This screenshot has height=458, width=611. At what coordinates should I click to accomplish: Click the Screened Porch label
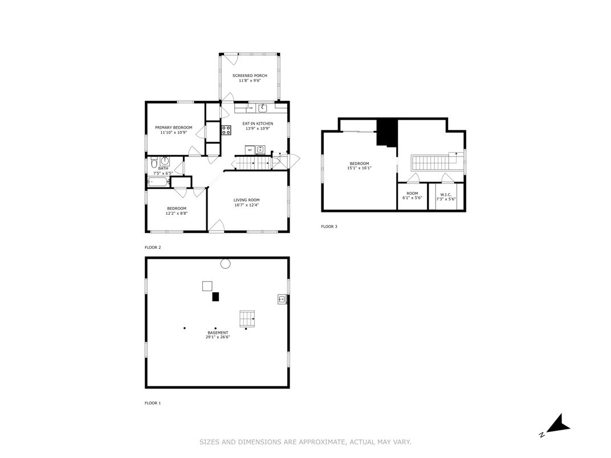pyautogui.click(x=249, y=75)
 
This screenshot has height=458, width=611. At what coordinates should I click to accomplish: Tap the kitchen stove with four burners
pyautogui.click(x=226, y=130)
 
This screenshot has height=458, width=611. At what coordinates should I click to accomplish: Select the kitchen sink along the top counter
pyautogui.click(x=263, y=108)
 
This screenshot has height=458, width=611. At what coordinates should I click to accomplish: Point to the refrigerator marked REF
pyautogui.click(x=250, y=150)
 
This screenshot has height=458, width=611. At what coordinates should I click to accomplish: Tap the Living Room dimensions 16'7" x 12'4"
pyautogui.click(x=246, y=205)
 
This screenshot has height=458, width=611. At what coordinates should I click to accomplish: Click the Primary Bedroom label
pyautogui.click(x=173, y=127)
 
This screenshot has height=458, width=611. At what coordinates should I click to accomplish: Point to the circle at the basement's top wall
pyautogui.click(x=225, y=263)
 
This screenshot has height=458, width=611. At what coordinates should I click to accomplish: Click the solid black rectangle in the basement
pyautogui.click(x=215, y=296)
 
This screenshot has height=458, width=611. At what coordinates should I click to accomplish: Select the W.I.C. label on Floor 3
pyautogui.click(x=446, y=194)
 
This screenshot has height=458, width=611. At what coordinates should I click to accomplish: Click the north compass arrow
pyautogui.click(x=559, y=424)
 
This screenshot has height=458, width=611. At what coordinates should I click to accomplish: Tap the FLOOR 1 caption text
pyautogui.click(x=153, y=403)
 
